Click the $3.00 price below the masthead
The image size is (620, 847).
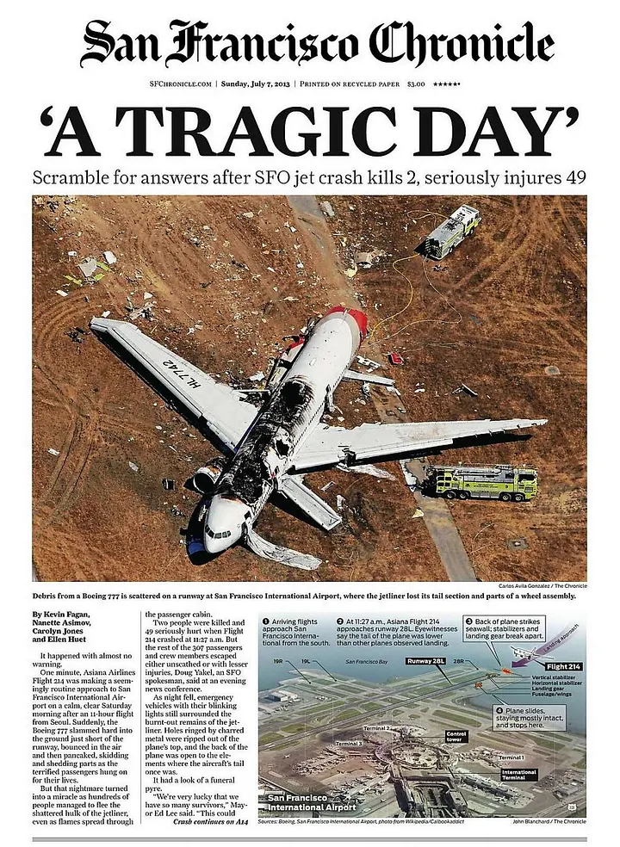(417, 83)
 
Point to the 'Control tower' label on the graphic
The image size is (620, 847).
(456, 737)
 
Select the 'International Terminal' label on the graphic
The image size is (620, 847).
(518, 774)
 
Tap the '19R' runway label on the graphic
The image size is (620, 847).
(278, 661)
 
